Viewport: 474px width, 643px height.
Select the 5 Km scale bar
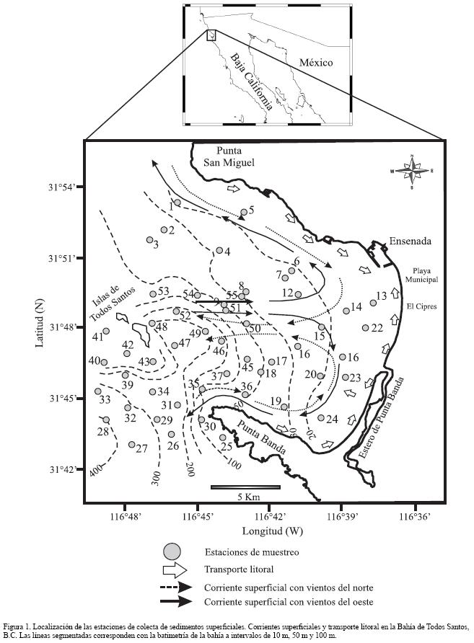pos(245,488)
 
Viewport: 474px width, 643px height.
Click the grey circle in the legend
pos(172,552)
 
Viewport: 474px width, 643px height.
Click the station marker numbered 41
pos(106,332)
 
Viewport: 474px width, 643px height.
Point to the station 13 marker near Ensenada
pos(373,303)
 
